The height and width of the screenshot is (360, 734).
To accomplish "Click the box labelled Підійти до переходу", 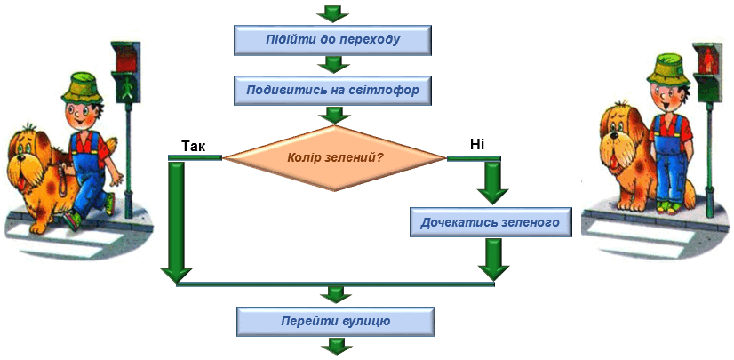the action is point(331,39).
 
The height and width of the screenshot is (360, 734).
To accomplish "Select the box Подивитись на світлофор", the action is point(332,90).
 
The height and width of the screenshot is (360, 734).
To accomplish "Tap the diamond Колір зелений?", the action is point(334,158).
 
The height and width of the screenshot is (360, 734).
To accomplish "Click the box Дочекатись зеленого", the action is point(491,222).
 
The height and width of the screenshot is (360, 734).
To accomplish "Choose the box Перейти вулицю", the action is point(336,322).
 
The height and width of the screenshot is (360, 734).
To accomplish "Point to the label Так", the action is point(194,147).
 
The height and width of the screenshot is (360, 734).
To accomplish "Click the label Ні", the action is point(476,145).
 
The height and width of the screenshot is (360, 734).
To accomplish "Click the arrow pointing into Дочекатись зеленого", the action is point(492,182).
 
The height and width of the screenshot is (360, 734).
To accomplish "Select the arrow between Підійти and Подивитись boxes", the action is point(333,65).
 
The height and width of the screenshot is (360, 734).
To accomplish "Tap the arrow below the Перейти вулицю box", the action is point(336,346).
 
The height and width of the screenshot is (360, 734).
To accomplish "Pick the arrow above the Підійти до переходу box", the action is point(333,13).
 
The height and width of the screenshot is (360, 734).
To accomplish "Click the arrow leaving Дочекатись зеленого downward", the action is point(493,260).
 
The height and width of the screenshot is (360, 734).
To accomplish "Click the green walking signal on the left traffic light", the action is point(127,88).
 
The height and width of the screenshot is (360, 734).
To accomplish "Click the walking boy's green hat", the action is point(82,88).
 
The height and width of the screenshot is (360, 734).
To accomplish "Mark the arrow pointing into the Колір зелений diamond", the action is point(333,116).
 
